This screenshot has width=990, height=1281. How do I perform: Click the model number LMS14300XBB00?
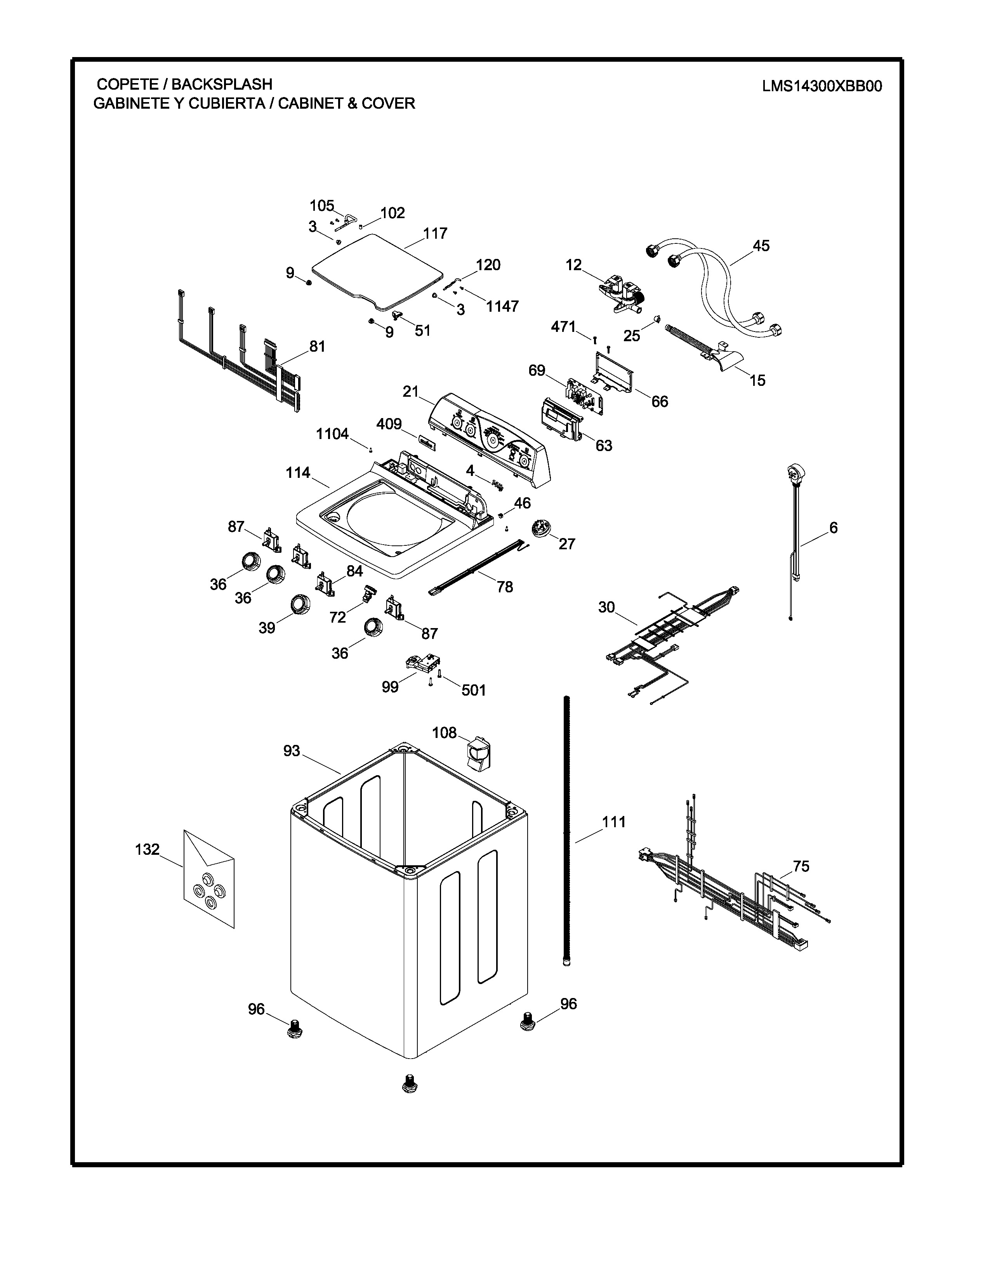(x=822, y=86)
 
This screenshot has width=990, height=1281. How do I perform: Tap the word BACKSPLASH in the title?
(x=222, y=85)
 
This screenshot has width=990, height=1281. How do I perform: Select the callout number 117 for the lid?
(x=435, y=233)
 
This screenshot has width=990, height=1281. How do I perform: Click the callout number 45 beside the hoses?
(x=761, y=246)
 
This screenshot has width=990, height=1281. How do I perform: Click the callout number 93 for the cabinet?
(x=292, y=751)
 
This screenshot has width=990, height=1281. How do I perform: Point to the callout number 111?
(x=613, y=822)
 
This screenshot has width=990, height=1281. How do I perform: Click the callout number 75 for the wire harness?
(x=801, y=866)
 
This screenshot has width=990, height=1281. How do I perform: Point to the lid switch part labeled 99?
(x=423, y=663)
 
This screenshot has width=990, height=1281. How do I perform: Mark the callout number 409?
(x=389, y=424)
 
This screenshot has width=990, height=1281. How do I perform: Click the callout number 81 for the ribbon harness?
(x=317, y=347)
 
